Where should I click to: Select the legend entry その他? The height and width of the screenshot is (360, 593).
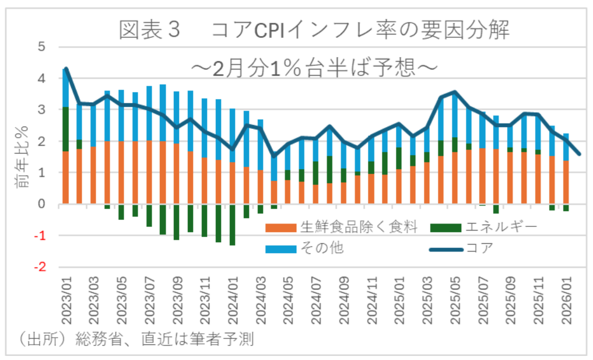click(x=321, y=248)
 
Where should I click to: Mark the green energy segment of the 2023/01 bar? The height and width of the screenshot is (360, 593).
click(x=66, y=129)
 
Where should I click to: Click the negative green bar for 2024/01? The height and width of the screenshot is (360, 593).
click(x=233, y=225)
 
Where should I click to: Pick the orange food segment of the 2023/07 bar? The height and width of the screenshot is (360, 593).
click(x=149, y=172)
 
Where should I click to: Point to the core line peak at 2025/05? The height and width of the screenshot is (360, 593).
click(x=455, y=92)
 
